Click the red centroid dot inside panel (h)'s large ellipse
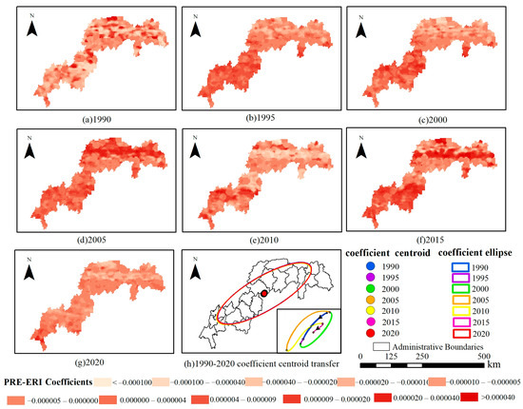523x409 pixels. point(264,295)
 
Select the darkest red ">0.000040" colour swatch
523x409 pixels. point(473,400)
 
